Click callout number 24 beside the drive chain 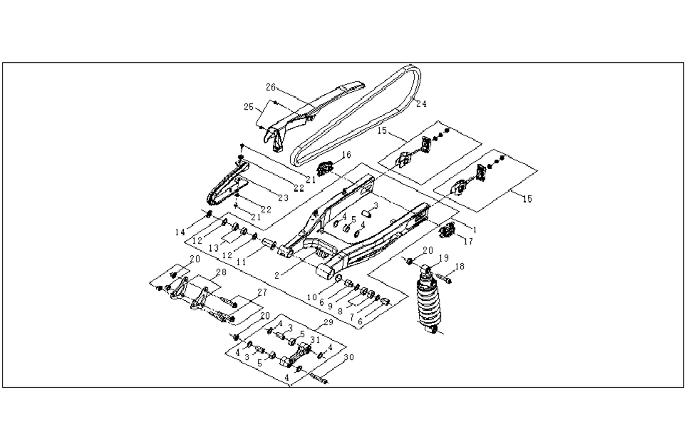click(x=421, y=104)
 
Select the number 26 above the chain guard click(x=271, y=88)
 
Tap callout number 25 click(x=249, y=107)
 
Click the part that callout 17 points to click(x=447, y=229)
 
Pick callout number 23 click(x=284, y=198)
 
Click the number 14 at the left click(x=180, y=232)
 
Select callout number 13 click(x=214, y=248)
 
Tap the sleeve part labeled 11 click(x=269, y=243)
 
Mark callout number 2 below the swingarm click(x=276, y=276)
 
